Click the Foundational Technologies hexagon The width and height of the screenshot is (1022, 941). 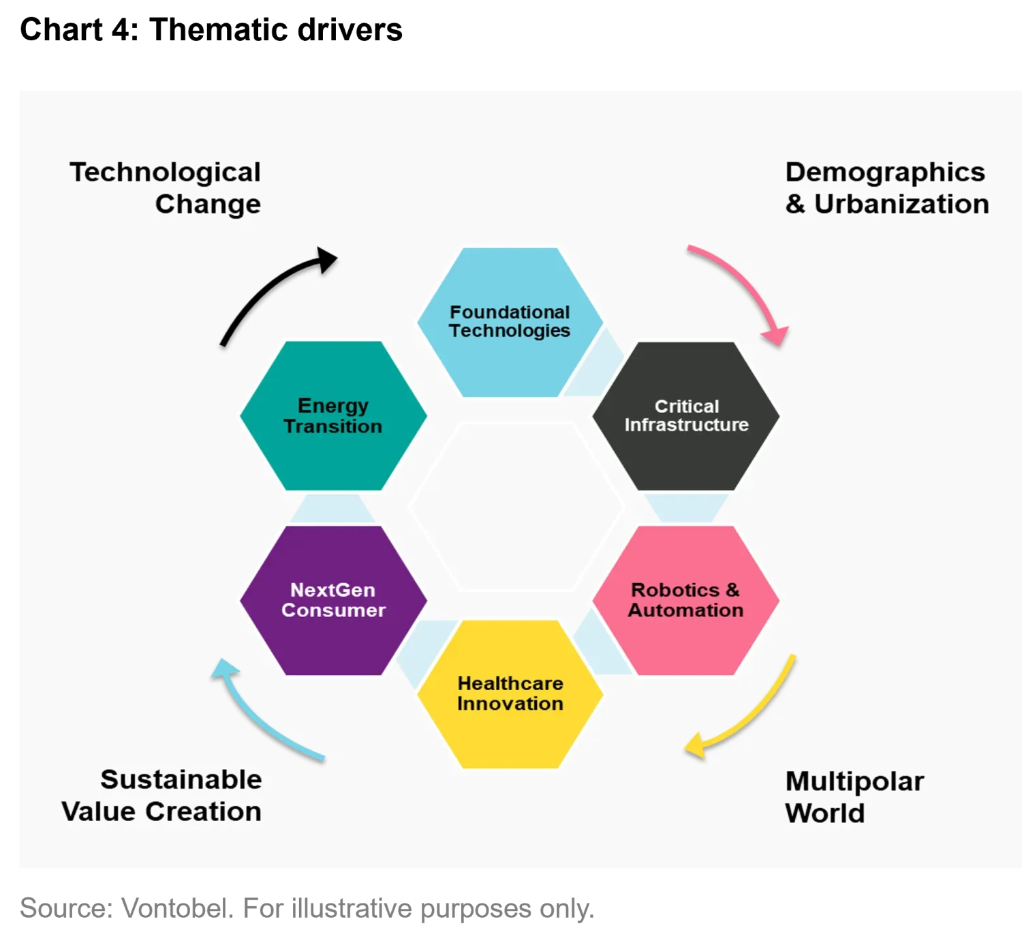[x=510, y=322]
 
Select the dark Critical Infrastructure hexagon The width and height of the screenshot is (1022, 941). [x=685, y=416]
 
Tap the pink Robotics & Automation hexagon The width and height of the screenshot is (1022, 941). [x=685, y=600]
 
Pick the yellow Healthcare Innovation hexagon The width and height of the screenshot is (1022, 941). [x=510, y=694]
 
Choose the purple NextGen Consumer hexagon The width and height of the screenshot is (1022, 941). [x=333, y=600]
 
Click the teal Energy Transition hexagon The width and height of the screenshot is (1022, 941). [x=333, y=416]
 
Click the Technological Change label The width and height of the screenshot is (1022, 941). [x=166, y=188]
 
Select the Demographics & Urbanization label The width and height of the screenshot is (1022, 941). [x=887, y=188]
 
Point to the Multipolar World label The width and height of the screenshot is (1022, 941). [x=854, y=796]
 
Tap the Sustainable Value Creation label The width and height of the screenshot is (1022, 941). [x=161, y=795]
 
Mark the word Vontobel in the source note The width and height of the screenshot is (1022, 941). [x=177, y=908]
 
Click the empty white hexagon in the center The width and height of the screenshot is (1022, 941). [x=516, y=507]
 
